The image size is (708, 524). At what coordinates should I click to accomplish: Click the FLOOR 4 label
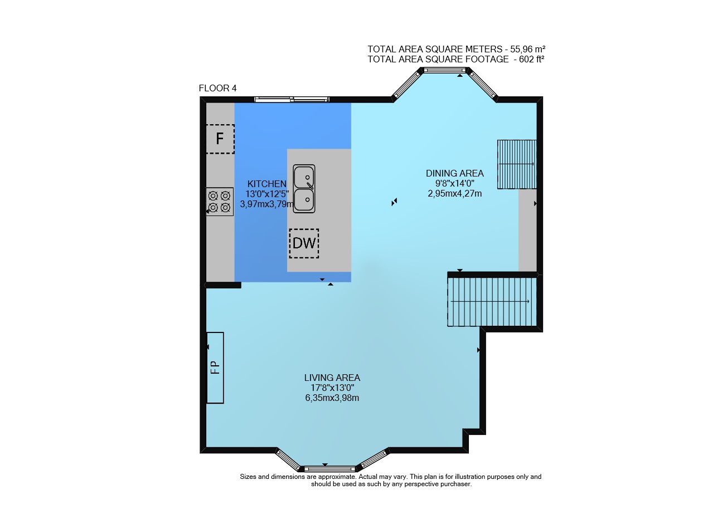tap(217, 89)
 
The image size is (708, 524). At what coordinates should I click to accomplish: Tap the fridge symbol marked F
tap(220, 139)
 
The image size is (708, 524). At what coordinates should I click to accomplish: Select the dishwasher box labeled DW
tap(304, 243)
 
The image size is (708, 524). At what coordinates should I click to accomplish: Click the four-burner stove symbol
tap(219, 202)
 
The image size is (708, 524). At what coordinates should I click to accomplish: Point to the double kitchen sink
tap(304, 188)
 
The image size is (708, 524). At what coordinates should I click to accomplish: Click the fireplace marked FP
tap(215, 368)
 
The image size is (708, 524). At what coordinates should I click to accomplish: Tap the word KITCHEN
tap(267, 184)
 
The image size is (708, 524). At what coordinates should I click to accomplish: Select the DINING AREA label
tap(454, 174)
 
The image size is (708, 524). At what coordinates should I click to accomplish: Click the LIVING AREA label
tap(332, 378)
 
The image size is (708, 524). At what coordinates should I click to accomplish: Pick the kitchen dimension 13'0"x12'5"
tap(267, 194)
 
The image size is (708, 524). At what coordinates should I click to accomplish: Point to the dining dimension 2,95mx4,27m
tap(454, 194)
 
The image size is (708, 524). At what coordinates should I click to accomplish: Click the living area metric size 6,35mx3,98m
tap(332, 398)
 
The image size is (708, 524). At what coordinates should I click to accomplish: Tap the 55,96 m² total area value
tap(527, 49)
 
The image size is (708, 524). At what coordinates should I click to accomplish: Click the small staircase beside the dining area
tap(517, 164)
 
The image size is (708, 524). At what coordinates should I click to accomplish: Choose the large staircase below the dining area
tap(492, 302)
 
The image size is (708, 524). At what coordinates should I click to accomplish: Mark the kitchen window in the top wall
tap(292, 100)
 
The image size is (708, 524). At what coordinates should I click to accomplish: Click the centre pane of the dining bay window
tap(445, 70)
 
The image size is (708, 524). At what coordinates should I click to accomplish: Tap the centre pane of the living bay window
tap(329, 469)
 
